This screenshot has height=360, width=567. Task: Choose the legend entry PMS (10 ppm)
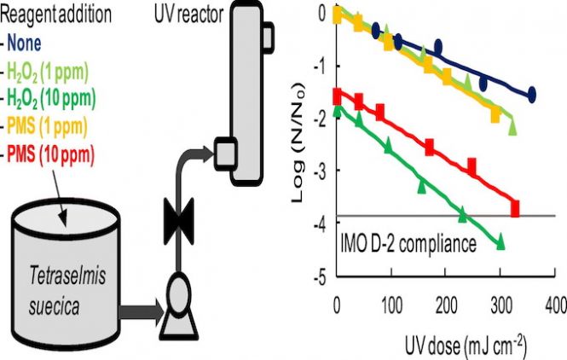(50, 155)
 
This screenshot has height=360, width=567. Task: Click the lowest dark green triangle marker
(501, 244)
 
